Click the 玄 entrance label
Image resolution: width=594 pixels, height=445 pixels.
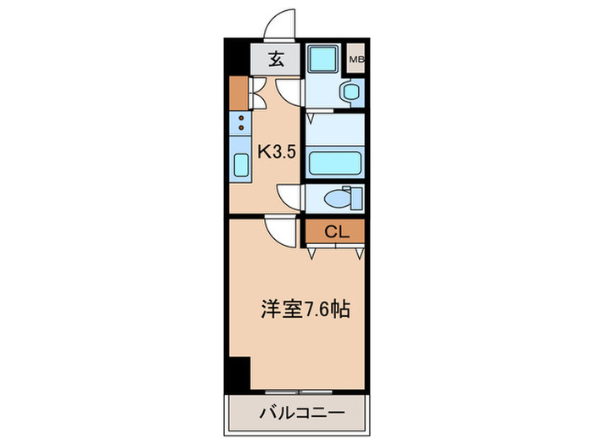tap(276, 59)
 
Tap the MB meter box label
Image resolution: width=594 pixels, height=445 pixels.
tap(356, 59)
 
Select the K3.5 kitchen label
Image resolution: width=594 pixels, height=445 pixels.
tap(276, 152)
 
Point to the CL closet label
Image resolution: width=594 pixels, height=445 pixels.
tap(333, 231)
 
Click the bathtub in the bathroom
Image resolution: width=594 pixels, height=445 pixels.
tap(334, 161)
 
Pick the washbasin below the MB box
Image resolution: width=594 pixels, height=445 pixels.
tap(349, 92)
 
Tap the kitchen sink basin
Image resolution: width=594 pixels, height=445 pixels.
tap(240, 165)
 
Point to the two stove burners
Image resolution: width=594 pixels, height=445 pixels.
tap(240, 123)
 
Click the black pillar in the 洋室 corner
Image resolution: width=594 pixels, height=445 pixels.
tap(238, 370)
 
